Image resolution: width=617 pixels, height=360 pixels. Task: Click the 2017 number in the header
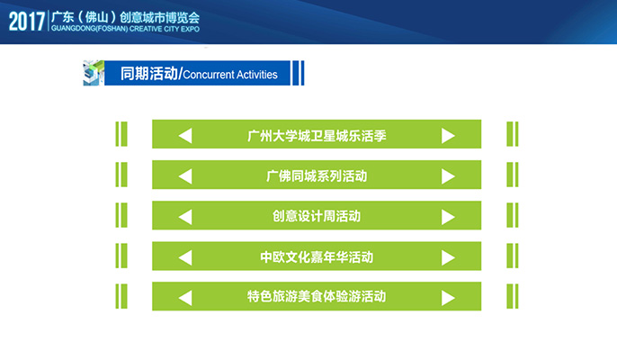click(x=27, y=22)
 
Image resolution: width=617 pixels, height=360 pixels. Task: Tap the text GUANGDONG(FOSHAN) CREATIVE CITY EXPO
click(x=125, y=29)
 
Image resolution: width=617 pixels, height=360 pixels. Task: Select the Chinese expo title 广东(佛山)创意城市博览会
click(x=125, y=17)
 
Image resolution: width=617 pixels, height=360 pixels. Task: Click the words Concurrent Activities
click(x=230, y=75)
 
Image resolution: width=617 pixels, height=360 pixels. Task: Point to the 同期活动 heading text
click(x=149, y=74)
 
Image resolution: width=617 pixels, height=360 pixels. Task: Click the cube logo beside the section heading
click(x=94, y=73)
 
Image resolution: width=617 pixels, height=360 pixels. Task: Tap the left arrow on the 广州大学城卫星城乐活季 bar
click(x=185, y=136)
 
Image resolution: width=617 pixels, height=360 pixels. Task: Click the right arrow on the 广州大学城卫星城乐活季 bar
click(x=448, y=136)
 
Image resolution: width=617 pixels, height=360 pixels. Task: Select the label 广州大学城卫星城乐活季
click(x=317, y=136)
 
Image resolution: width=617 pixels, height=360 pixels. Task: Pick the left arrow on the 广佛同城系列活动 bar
click(x=185, y=176)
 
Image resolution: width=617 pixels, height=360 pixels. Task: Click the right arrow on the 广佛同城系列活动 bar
click(x=448, y=176)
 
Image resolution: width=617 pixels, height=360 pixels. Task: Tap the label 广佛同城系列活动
click(x=317, y=176)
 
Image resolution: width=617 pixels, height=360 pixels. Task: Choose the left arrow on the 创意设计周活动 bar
click(x=185, y=217)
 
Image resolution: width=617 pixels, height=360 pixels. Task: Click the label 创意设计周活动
click(x=317, y=216)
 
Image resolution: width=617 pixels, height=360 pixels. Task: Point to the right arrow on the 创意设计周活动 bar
click(x=448, y=217)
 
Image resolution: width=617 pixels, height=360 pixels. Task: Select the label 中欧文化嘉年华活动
click(x=317, y=257)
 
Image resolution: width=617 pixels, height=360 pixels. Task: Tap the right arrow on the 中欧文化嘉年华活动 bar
click(x=448, y=257)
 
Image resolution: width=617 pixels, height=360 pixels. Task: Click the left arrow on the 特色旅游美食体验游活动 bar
click(x=185, y=298)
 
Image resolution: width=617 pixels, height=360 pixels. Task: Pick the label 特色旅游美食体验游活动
click(x=317, y=296)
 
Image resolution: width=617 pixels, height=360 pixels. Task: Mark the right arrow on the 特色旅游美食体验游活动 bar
click(x=448, y=298)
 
